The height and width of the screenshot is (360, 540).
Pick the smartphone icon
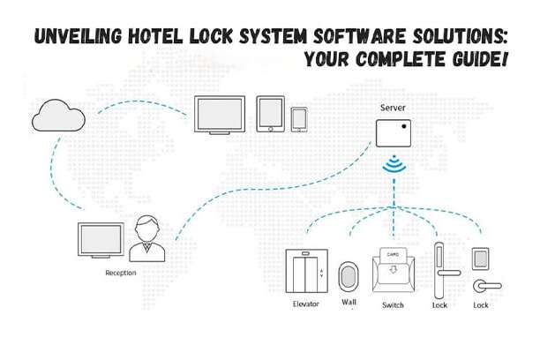300,119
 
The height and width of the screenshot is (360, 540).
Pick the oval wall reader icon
349,275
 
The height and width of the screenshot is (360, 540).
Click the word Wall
349,302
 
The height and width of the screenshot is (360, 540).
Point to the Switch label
393,304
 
